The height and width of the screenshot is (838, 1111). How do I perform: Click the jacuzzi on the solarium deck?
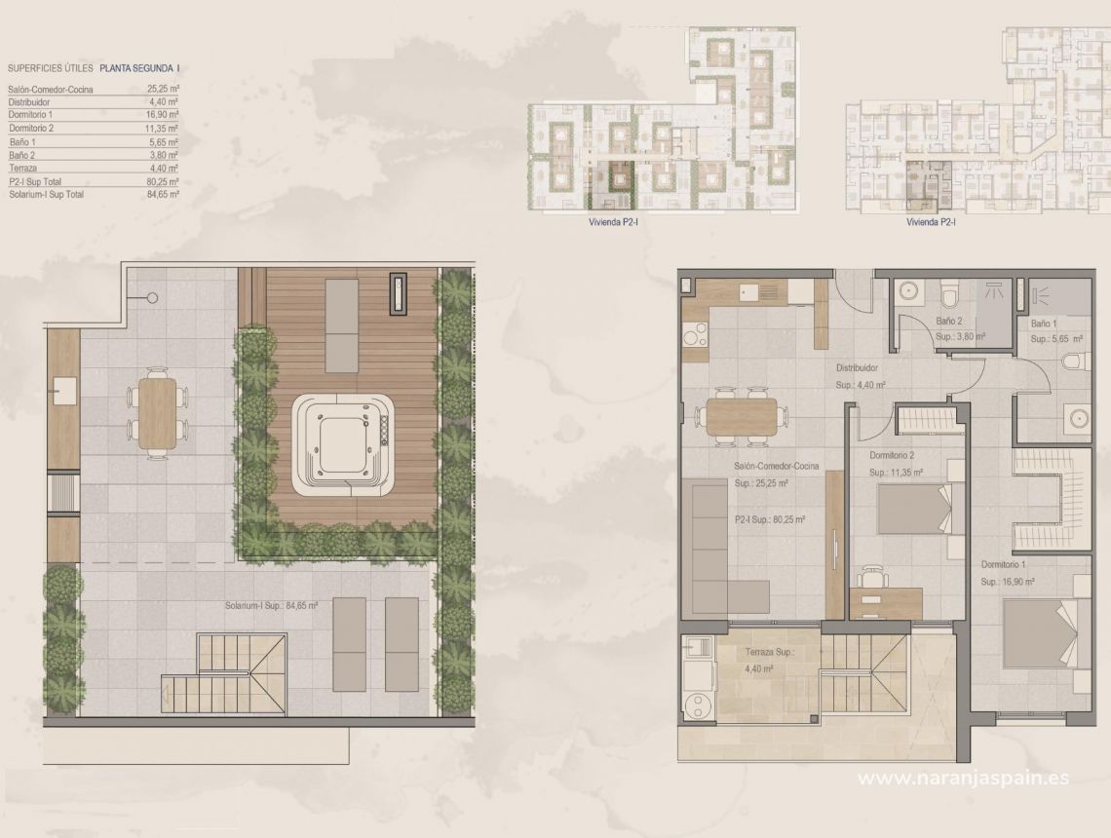(343, 444)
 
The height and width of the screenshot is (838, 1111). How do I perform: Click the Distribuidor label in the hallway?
(858, 369)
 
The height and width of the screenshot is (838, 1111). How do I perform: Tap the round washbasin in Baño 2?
(908, 290)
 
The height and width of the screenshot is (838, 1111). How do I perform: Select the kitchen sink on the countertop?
(749, 290)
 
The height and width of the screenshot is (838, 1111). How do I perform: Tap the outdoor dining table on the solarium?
(158, 414)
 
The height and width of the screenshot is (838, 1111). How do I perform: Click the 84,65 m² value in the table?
(162, 195)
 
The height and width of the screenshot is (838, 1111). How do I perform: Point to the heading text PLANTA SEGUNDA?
(137, 68)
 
